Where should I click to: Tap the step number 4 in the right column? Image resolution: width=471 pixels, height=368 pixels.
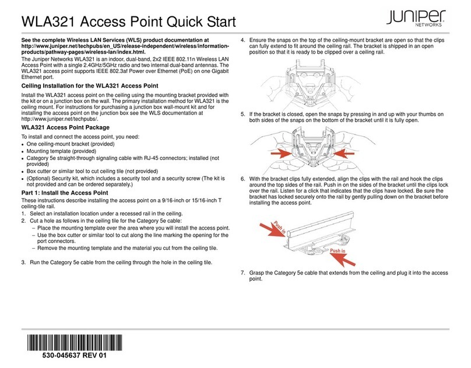(242, 39)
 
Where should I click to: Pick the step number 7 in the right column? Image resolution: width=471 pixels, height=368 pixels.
(242, 273)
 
